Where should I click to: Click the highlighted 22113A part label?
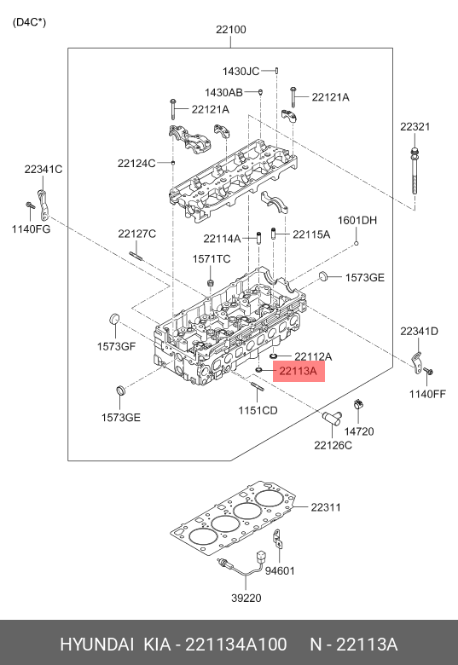pos(299,371)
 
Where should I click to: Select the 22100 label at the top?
pos(230,29)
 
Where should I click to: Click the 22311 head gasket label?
pos(326,507)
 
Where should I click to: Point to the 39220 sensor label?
pos(246,598)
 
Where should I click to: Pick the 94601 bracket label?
pos(280,571)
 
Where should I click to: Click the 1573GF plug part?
pos(115,319)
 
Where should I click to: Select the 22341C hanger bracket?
pos(43,205)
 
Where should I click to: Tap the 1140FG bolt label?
pos(31,229)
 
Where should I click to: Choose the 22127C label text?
pos(137,234)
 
